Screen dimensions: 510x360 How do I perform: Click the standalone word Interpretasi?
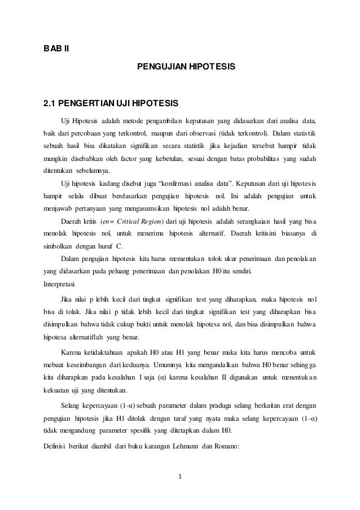point(63,284)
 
